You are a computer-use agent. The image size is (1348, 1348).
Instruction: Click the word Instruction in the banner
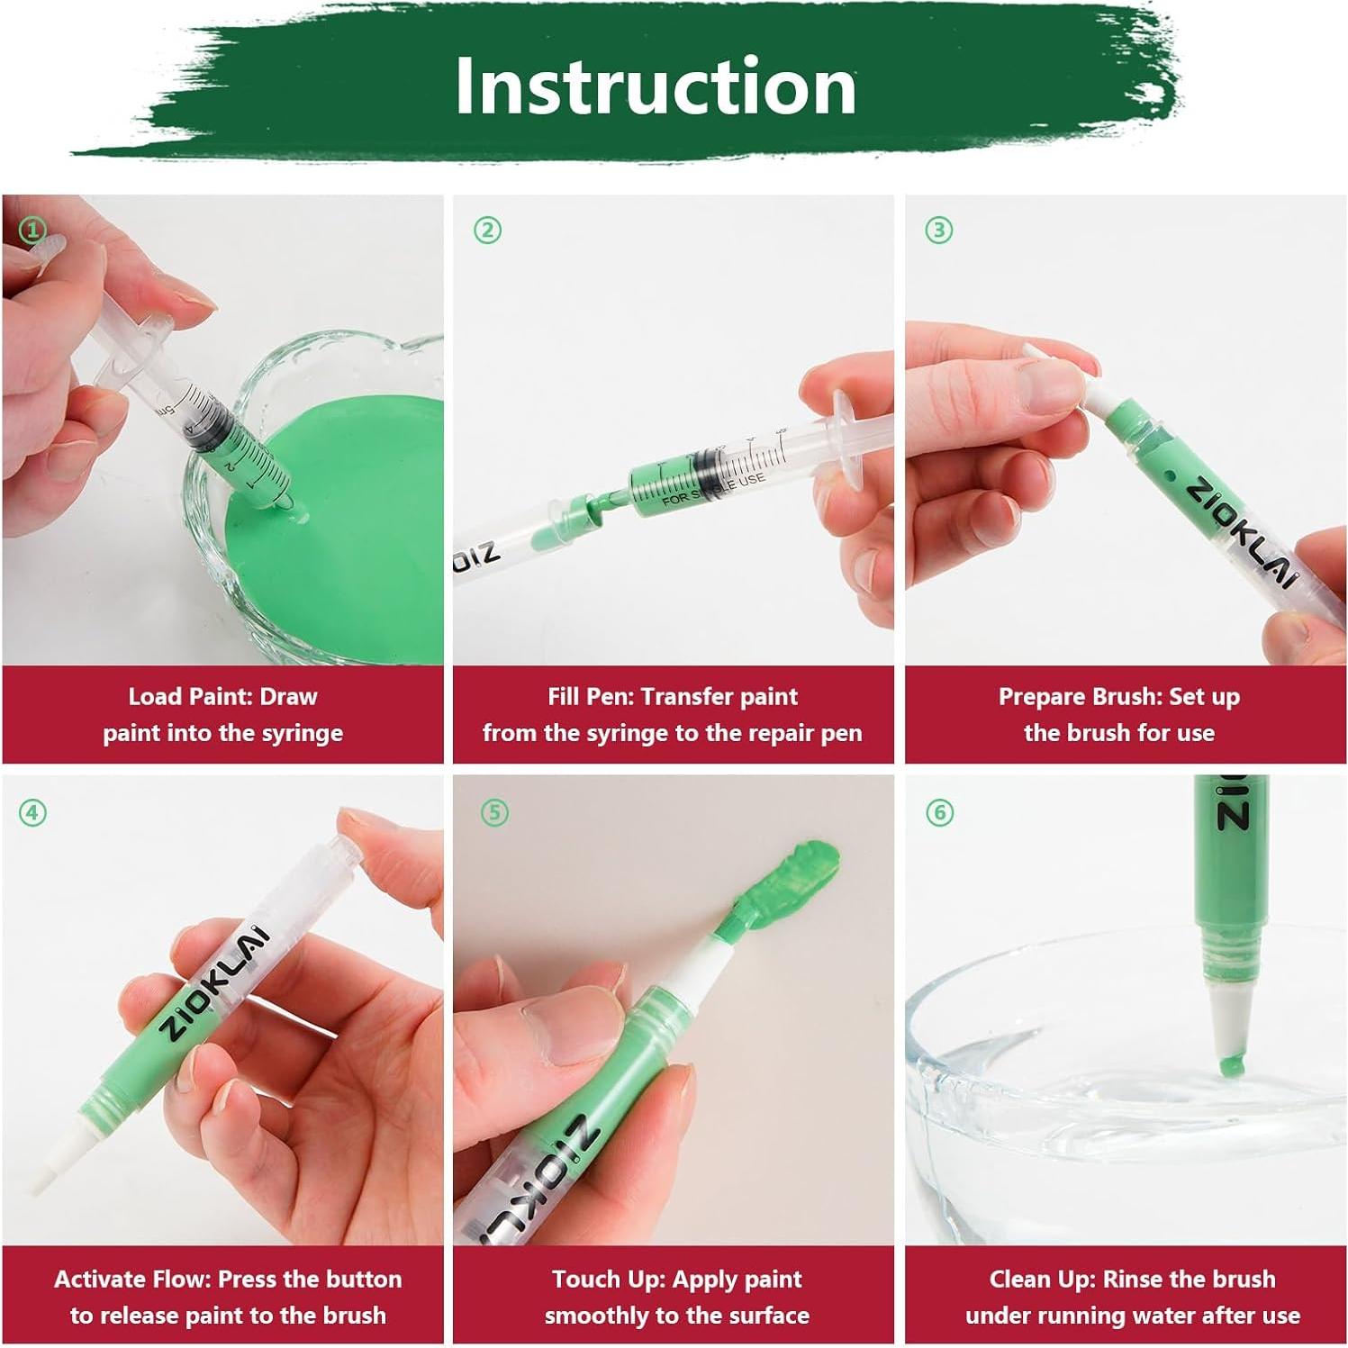click(x=655, y=86)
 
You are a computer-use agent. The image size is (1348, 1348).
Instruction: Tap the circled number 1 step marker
click(x=32, y=231)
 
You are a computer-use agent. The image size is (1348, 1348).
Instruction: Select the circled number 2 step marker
click(x=487, y=231)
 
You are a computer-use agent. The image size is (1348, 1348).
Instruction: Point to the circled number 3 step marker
click(x=938, y=231)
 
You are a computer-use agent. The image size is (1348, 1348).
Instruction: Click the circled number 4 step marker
click(x=32, y=813)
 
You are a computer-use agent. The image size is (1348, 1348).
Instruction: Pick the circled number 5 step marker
click(x=494, y=813)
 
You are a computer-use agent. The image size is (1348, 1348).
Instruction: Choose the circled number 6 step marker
click(x=938, y=813)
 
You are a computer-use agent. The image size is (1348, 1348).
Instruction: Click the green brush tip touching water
click(x=1231, y=1067)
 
